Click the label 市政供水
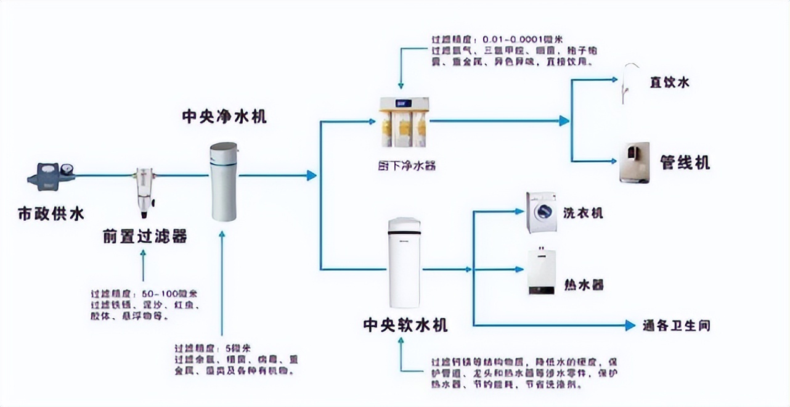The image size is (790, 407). pyautogui.click(x=51, y=214)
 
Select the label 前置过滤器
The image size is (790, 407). pyautogui.click(x=145, y=236)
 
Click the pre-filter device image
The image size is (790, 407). pyautogui.click(x=144, y=191)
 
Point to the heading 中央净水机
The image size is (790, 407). pyautogui.click(x=224, y=117)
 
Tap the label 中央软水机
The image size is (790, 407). pyautogui.click(x=405, y=325)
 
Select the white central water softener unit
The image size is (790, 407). pyautogui.click(x=404, y=263)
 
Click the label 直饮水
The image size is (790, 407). pyautogui.click(x=669, y=82)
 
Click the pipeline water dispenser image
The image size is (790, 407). pyautogui.click(x=634, y=163)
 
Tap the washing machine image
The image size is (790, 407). pyautogui.click(x=541, y=212)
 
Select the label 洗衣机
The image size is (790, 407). pyautogui.click(x=582, y=213)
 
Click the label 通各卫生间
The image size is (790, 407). pyautogui.click(x=676, y=326)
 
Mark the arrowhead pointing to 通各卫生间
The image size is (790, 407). pyautogui.click(x=630, y=326)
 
